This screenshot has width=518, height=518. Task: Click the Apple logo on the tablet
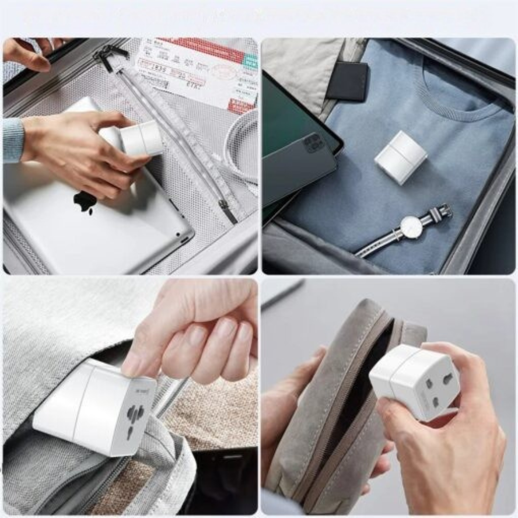(86, 201)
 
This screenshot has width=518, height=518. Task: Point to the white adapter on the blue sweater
(400, 157)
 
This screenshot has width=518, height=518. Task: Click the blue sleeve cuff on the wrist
(13, 140)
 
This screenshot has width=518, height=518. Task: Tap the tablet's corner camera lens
(185, 239)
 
